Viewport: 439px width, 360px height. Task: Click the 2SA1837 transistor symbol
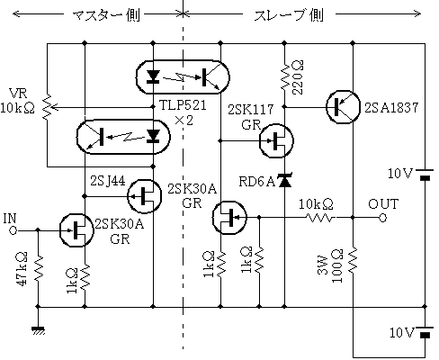pyautogui.click(x=343, y=106)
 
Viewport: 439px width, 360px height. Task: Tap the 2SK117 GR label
pyautogui.click(x=251, y=117)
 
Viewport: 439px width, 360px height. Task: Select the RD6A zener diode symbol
pyautogui.click(x=284, y=181)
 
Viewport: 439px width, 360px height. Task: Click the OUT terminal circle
pyautogui.click(x=383, y=218)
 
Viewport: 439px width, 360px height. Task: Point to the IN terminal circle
pyautogui.click(x=13, y=230)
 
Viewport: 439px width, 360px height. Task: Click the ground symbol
pyautogui.click(x=38, y=330)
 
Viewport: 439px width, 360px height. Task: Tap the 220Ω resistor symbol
pyautogui.click(x=284, y=76)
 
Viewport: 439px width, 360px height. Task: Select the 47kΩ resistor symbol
pyautogui.click(x=38, y=269)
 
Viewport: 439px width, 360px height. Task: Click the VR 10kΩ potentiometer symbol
pyautogui.click(x=48, y=107)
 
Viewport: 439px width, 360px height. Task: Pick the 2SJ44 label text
pyautogui.click(x=108, y=181)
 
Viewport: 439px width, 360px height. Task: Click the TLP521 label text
pyautogui.click(x=183, y=105)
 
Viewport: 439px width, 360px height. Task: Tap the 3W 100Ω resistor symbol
pyautogui.click(x=353, y=260)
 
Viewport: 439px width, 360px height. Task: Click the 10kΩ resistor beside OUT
pyautogui.click(x=320, y=218)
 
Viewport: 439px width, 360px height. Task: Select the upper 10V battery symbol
pyautogui.click(x=425, y=175)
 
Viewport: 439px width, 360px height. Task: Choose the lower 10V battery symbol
pyautogui.click(x=425, y=331)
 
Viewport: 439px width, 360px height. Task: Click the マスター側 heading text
pyautogui.click(x=106, y=15)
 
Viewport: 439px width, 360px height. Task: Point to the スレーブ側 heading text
pyautogui.click(x=289, y=15)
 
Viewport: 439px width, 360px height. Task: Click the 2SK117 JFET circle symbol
pyautogui.click(x=276, y=140)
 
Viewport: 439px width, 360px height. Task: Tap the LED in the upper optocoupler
pyautogui.click(x=153, y=76)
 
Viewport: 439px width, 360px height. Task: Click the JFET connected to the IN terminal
pyautogui.click(x=76, y=230)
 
